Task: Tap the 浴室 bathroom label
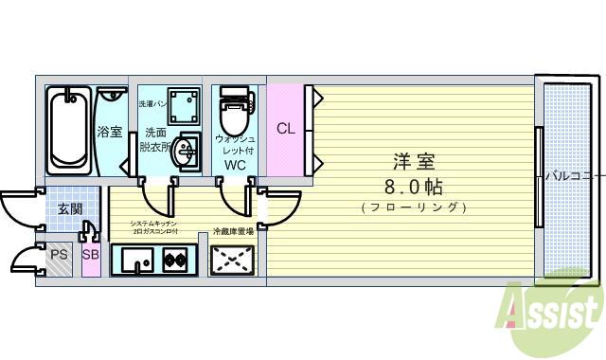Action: [x=110, y=132]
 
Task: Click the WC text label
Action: [x=235, y=165]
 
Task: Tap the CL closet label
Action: [x=285, y=129]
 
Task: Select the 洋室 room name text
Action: [x=414, y=160]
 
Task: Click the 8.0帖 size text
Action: [x=414, y=185]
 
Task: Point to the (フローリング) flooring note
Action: [x=414, y=207]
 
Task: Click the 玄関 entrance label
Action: [x=68, y=208]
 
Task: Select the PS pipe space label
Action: [x=59, y=254]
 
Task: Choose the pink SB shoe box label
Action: [x=90, y=254]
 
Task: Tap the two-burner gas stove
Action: [x=174, y=259]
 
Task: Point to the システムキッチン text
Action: [x=151, y=224]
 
